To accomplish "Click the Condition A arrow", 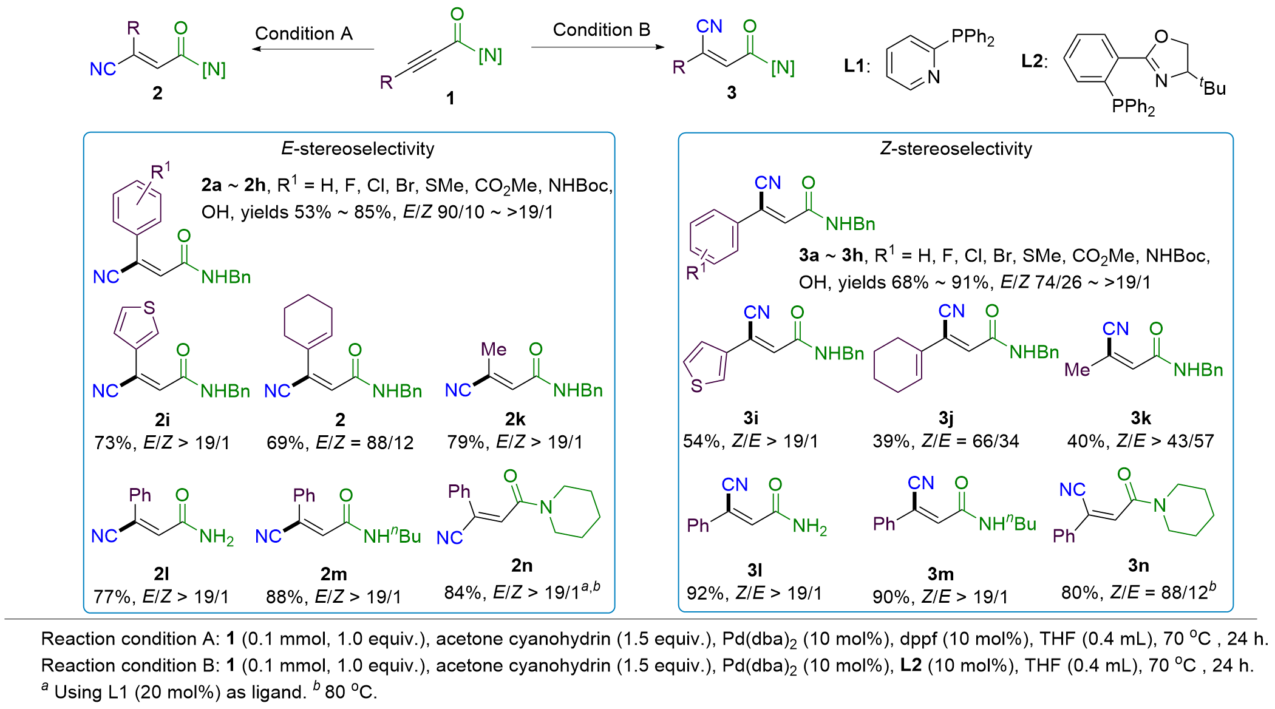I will click(313, 49).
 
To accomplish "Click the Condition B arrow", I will click(597, 47).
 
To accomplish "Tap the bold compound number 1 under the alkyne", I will click(450, 98).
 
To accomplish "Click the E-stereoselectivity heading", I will click(358, 149).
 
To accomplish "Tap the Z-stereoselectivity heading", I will click(956, 149).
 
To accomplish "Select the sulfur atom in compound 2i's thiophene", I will click(149, 308).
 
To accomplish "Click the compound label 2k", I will click(515, 419).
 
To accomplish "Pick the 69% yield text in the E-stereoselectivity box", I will click(284, 443).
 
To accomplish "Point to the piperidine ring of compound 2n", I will click(573, 511).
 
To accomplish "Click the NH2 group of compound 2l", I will click(217, 536).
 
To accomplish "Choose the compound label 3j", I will click(946, 418).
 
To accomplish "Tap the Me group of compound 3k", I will click(1077, 369).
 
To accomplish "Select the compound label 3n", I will click(1138, 566).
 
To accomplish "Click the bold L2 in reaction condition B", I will click(911, 665).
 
